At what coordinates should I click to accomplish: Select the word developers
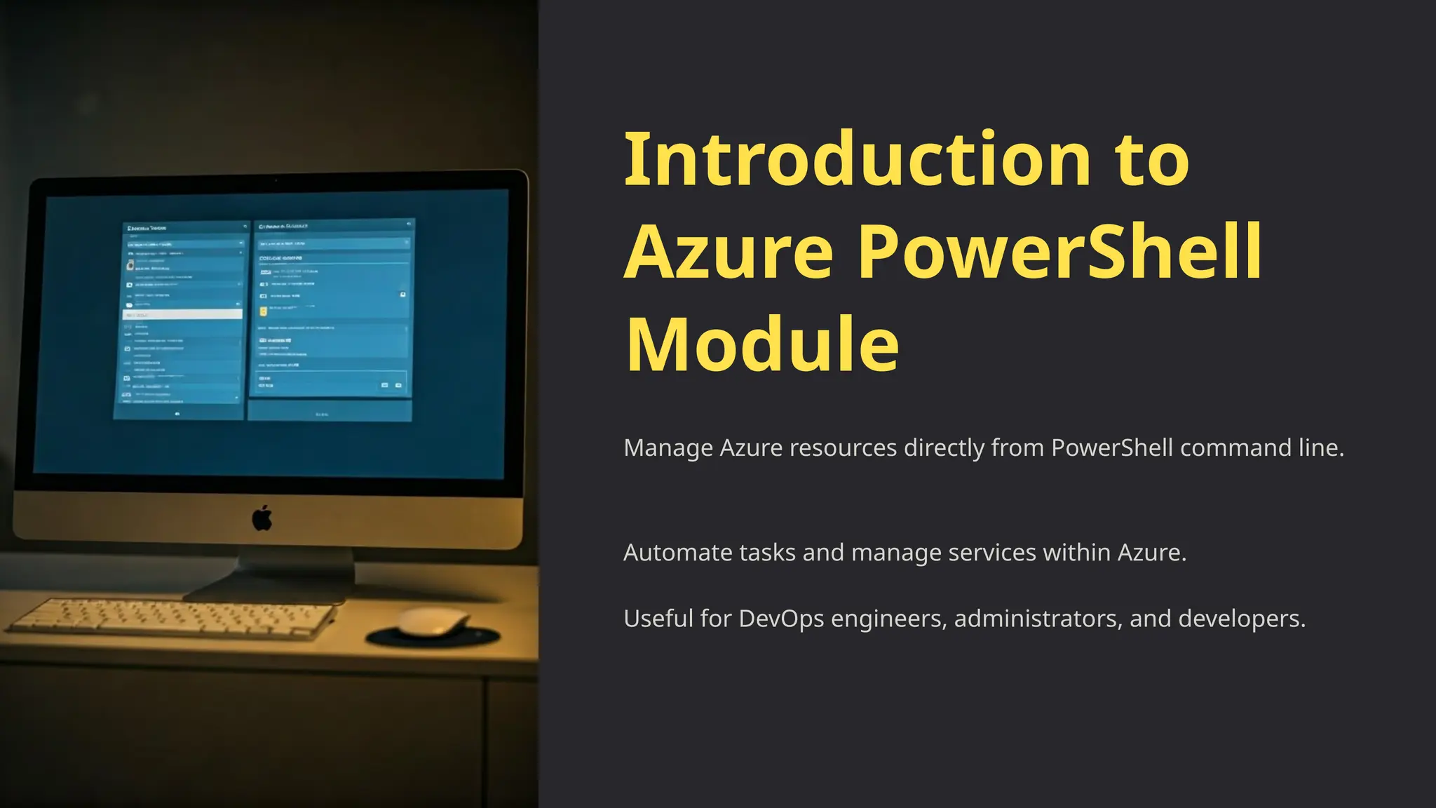pyautogui.click(x=1241, y=619)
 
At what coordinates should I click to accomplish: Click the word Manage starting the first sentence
pyautogui.click(x=668, y=447)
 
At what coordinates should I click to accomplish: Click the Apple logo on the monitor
pyautogui.click(x=262, y=518)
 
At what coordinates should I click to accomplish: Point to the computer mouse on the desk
pyautogui.click(x=433, y=622)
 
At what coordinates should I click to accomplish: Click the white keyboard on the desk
pyautogui.click(x=175, y=618)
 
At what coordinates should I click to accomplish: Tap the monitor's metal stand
pyautogui.click(x=294, y=572)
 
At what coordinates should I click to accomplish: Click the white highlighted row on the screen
pyautogui.click(x=182, y=315)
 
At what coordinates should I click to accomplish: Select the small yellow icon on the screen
pyautogui.click(x=264, y=311)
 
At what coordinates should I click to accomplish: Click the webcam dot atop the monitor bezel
pyautogui.click(x=276, y=181)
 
